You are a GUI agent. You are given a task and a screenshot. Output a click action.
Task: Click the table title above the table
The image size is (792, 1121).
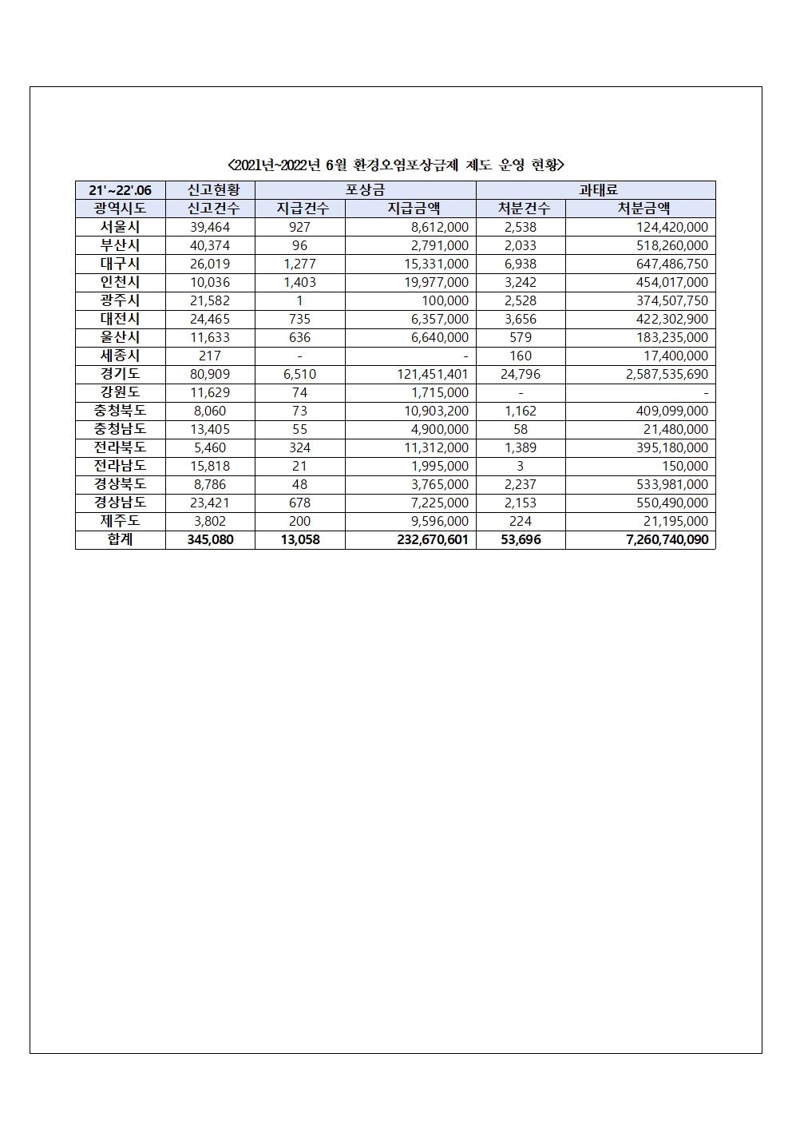396,165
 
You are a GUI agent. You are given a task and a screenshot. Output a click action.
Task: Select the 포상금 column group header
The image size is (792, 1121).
365,190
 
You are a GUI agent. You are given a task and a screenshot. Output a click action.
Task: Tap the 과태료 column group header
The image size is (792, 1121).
598,190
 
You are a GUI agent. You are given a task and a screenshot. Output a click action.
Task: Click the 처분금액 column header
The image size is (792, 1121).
643,209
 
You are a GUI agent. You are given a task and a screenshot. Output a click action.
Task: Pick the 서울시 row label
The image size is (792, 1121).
120,227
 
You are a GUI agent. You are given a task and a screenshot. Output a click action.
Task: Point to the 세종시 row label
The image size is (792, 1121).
120,356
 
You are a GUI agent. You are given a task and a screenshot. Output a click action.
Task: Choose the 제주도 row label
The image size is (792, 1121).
120,521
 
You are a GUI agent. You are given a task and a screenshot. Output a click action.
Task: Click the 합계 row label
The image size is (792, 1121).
120,539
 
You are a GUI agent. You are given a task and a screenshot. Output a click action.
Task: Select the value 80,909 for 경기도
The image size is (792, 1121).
210,374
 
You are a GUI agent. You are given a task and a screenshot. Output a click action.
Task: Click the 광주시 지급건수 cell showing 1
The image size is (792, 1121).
299,300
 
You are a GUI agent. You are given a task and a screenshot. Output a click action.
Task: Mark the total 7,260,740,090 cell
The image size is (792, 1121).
667,539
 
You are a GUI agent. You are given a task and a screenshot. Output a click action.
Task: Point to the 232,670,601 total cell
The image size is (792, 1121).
433,539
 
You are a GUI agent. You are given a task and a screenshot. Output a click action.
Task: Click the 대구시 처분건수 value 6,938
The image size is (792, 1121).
521,264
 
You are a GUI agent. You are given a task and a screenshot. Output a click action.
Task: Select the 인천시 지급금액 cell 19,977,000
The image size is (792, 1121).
436,282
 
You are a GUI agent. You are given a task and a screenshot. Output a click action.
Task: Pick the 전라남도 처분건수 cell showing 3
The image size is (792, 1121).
520,466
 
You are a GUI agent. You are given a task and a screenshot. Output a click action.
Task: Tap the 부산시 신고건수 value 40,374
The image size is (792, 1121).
210,245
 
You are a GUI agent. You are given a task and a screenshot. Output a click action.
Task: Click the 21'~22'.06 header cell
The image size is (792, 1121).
120,190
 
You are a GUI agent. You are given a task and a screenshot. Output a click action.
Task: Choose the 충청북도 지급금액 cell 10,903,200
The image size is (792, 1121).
436,411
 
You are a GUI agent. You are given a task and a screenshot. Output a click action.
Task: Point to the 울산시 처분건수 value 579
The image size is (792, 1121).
521,337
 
